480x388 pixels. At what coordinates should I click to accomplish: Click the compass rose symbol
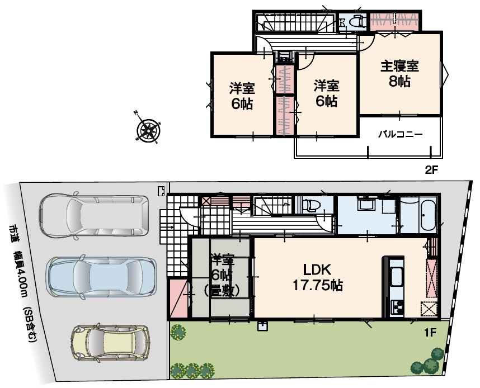[x=148, y=130]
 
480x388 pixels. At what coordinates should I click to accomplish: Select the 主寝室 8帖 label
[x=399, y=73]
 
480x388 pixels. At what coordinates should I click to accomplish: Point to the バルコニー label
[x=399, y=135]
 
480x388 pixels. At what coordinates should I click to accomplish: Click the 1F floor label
[x=430, y=333]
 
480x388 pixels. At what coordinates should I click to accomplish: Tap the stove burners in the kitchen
[x=397, y=306]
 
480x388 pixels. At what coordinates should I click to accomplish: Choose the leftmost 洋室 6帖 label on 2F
[x=242, y=96]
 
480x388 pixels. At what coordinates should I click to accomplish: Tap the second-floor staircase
[x=291, y=23]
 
